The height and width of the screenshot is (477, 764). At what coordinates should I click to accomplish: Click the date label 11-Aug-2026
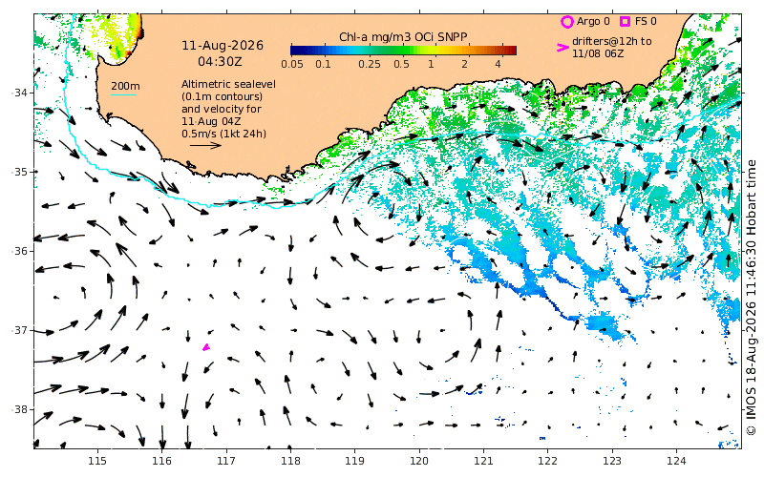click(x=223, y=46)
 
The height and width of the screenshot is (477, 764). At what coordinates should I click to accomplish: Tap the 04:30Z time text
click(x=220, y=62)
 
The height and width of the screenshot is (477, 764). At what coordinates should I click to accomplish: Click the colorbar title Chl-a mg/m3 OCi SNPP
click(x=403, y=37)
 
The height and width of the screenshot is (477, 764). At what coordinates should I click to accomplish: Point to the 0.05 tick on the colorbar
click(x=292, y=64)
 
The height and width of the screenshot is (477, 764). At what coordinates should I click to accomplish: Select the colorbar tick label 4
click(x=498, y=64)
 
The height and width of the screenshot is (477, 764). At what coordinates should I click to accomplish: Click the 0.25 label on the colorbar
click(x=370, y=64)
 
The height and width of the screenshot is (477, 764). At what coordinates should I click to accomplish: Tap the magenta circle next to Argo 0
click(x=566, y=22)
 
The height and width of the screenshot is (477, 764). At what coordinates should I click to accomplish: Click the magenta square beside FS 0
click(x=625, y=21)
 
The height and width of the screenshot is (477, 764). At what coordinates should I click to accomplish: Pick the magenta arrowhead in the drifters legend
click(x=562, y=47)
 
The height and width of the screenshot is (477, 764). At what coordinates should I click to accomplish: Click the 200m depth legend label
click(x=125, y=86)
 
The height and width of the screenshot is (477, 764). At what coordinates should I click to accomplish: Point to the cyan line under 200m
click(x=123, y=93)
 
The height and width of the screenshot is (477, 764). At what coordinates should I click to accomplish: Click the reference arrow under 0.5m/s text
click(x=205, y=145)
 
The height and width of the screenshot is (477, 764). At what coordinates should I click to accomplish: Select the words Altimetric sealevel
click(x=228, y=84)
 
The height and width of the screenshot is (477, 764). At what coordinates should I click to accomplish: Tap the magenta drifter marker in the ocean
click(x=206, y=347)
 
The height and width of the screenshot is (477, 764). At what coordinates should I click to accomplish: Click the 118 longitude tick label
click(x=290, y=461)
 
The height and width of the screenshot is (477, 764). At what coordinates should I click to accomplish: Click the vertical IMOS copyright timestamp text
click(x=751, y=298)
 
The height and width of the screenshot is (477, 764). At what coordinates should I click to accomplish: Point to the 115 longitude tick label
click(x=97, y=461)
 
